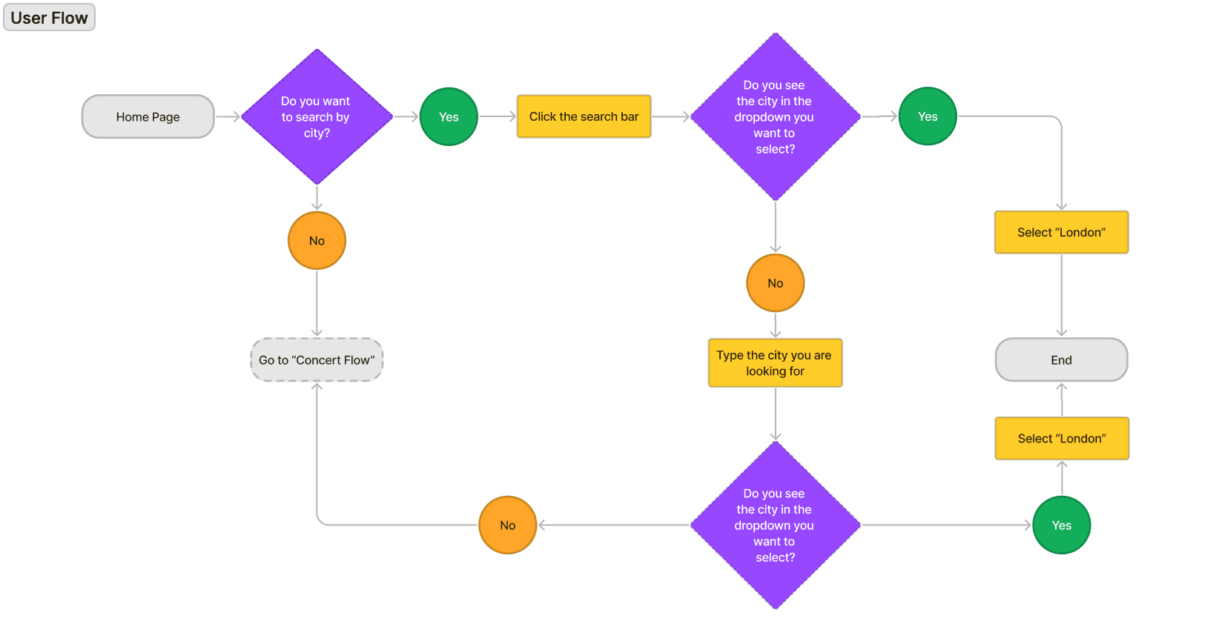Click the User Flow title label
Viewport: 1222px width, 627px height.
49,18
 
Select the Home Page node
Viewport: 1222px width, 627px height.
148,116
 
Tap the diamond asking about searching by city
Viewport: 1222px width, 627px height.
317,116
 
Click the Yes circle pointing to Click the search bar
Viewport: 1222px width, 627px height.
449,116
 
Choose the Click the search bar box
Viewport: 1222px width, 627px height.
584,116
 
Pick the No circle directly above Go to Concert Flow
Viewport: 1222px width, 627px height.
317,240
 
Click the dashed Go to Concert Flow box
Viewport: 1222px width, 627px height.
317,360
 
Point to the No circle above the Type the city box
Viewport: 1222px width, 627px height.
775,283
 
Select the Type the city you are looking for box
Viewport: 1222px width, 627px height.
775,363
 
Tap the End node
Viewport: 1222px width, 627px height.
1062,360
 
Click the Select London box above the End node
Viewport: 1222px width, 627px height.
1062,232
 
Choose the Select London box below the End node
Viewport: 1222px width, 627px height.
1062,438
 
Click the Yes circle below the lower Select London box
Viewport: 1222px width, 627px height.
1062,525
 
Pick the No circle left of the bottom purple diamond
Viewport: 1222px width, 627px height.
508,525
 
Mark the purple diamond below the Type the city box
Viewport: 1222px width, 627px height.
775,525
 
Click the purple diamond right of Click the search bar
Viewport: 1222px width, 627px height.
775,116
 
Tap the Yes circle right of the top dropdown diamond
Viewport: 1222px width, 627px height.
928,116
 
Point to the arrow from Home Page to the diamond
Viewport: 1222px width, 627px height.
228,116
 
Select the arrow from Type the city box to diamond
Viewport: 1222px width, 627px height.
775,414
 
